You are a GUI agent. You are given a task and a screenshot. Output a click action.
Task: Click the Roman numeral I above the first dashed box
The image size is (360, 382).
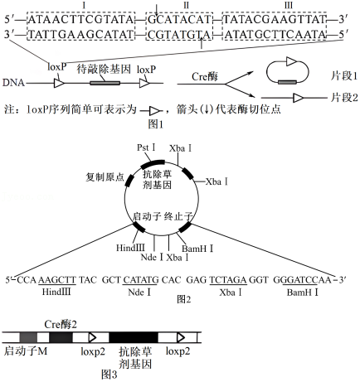pyautogui.click(x=84, y=6)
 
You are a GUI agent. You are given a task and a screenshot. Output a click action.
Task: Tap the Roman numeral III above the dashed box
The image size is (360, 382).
pyautogui.click(x=288, y=6)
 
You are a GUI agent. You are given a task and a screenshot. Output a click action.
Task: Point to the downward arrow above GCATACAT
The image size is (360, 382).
pyautogui.click(x=157, y=10)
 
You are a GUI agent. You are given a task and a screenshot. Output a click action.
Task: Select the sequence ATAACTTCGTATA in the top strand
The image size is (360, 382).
pyautogui.click(x=81, y=20)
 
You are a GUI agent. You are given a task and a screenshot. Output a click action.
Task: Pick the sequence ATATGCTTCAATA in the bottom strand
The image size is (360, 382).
pyautogui.click(x=275, y=35)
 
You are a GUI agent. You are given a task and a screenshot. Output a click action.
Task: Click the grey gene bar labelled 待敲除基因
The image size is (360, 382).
pyautogui.click(x=105, y=83)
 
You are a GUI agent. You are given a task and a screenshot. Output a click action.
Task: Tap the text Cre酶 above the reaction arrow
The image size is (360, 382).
pyautogui.click(x=205, y=76)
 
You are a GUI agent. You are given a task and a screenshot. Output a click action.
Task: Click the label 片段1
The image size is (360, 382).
pyautogui.click(x=344, y=75)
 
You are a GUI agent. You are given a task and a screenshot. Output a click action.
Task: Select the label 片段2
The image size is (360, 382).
pyautogui.click(x=344, y=98)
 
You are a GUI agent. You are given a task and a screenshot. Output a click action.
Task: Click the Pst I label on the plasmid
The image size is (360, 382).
pyautogui.click(x=146, y=147)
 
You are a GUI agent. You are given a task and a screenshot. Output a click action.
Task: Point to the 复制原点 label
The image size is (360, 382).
pyautogui.click(x=105, y=177)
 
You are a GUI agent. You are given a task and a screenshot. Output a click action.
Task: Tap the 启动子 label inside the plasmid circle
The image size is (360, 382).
pyautogui.click(x=147, y=216)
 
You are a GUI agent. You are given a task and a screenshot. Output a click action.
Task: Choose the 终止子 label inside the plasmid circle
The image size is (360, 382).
pyautogui.click(x=178, y=216)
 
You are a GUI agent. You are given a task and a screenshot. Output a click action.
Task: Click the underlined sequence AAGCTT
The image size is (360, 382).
pyautogui.click(x=57, y=280)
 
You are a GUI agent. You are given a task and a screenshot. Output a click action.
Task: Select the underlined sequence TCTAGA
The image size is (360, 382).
pyautogui.click(x=228, y=280)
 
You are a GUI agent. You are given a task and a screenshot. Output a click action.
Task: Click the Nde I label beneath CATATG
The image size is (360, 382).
pyautogui.click(x=139, y=293)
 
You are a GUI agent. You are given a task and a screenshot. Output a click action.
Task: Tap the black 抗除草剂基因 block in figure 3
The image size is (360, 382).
pyautogui.click(x=134, y=337)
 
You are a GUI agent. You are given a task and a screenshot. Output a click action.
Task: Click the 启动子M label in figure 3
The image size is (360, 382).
pyautogui.click(x=26, y=351)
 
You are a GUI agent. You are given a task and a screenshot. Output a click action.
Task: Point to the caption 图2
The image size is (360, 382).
pyautogui.click(x=184, y=299)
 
